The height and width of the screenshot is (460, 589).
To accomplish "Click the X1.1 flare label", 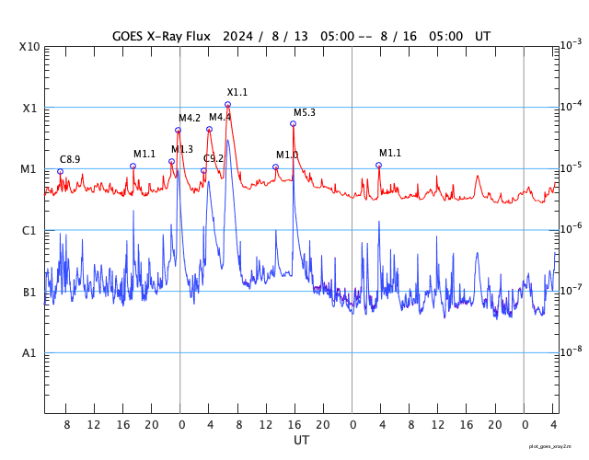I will tap(237, 92).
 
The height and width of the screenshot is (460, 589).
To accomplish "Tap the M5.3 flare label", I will tap(305, 112).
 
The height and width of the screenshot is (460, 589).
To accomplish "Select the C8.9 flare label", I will tap(70, 159).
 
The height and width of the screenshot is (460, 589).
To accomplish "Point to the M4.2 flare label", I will tap(190, 118).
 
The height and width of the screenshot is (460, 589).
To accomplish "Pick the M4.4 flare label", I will tap(220, 117).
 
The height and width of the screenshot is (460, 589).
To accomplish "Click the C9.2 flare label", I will tap(214, 158).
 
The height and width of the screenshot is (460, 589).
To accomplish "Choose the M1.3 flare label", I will tap(182, 149).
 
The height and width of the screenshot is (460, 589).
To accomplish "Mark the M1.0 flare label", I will tap(287, 155).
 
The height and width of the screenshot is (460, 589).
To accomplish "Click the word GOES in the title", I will tap(133, 36).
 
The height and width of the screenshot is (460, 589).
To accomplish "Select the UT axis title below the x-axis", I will tap(301, 441).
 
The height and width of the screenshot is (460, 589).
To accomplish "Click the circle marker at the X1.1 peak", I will tap(227, 105).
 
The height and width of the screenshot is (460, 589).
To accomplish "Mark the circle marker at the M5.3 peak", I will tap(294, 123).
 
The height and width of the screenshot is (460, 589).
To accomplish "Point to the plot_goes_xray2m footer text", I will tap(557, 445).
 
